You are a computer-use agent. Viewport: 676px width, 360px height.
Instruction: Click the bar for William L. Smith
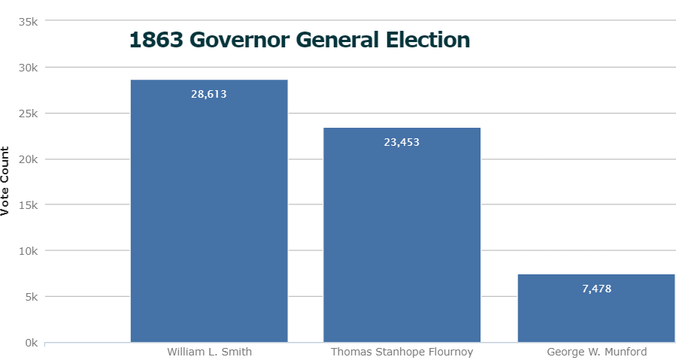209,218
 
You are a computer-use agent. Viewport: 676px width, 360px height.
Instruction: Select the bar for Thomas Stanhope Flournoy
402,241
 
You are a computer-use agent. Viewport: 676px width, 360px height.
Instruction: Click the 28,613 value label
209,95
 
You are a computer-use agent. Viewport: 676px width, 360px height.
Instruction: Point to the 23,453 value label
402,142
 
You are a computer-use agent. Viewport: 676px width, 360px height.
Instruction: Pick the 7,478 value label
596,289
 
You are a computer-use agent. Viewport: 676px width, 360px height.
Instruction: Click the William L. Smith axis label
209,352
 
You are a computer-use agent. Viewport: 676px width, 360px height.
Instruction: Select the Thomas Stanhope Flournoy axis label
402,352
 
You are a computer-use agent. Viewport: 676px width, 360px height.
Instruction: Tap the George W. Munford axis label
596,352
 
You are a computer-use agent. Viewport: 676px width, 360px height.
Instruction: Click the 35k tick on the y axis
29,22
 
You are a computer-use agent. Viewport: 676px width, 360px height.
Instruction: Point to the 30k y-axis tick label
29,68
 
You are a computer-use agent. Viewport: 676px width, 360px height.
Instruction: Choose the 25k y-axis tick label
29,113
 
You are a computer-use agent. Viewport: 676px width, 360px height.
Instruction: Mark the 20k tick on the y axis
29,159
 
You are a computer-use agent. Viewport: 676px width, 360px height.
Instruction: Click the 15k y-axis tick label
29,205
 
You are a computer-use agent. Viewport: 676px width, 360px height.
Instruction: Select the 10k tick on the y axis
29,251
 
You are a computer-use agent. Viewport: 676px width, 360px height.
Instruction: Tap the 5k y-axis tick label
31,297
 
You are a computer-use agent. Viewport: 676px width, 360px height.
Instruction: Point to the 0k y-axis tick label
31,343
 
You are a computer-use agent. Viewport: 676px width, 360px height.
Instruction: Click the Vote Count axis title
6,181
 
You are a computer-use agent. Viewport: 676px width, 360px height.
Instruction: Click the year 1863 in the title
156,40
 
